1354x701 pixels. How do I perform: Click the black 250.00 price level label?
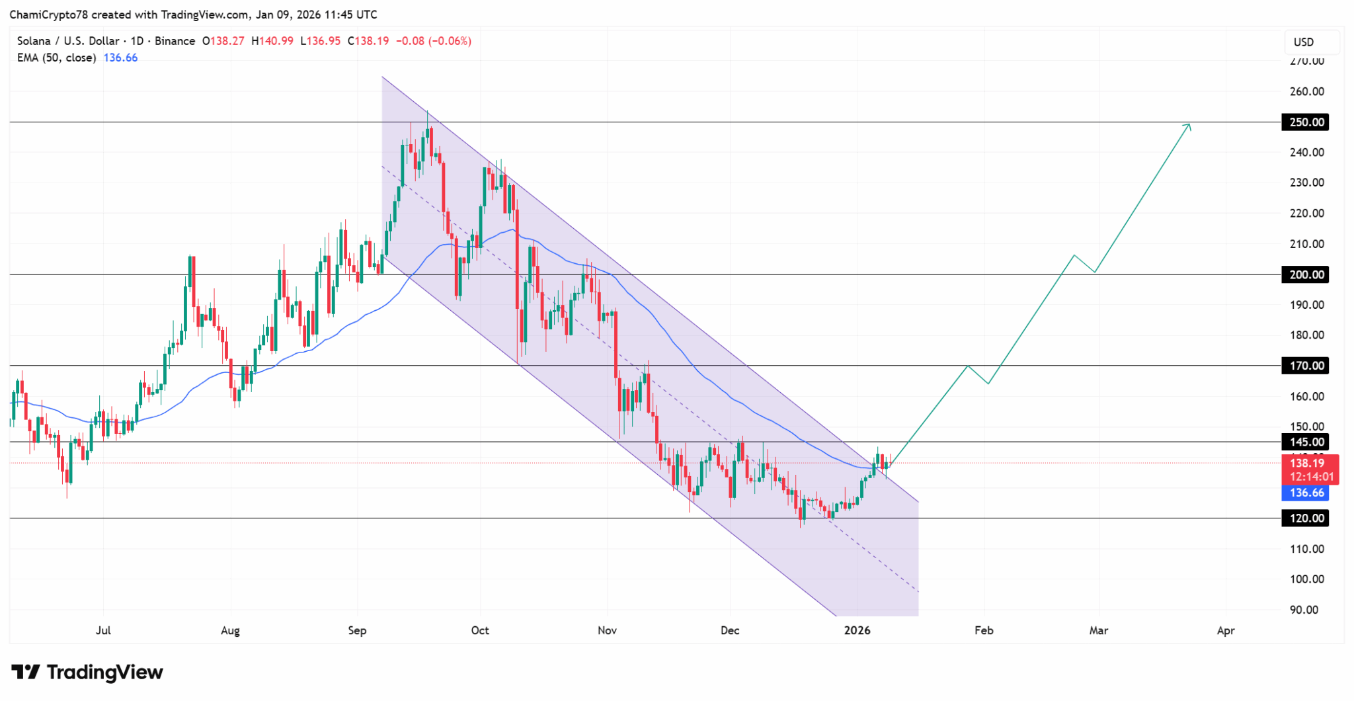(1305, 122)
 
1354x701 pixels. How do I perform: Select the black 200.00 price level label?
(1305, 274)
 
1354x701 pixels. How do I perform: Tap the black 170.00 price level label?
(1305, 366)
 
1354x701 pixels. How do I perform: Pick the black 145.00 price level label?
(1305, 442)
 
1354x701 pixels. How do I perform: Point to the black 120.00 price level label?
(1305, 518)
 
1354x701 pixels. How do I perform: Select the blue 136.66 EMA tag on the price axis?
(1306, 493)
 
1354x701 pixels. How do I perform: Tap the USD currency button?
(1304, 42)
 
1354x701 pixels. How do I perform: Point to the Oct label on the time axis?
(480, 630)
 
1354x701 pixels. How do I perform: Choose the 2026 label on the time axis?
(857, 630)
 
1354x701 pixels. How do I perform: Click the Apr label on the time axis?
(1226, 630)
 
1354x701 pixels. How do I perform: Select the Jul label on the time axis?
(103, 630)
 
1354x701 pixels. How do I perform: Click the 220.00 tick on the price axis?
(1307, 214)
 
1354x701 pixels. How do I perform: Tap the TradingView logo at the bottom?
(87, 673)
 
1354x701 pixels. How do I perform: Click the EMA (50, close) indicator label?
(57, 58)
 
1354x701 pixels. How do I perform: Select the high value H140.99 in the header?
(272, 41)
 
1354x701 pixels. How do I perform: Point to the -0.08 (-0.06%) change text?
(434, 41)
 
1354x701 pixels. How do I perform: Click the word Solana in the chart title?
(34, 41)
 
